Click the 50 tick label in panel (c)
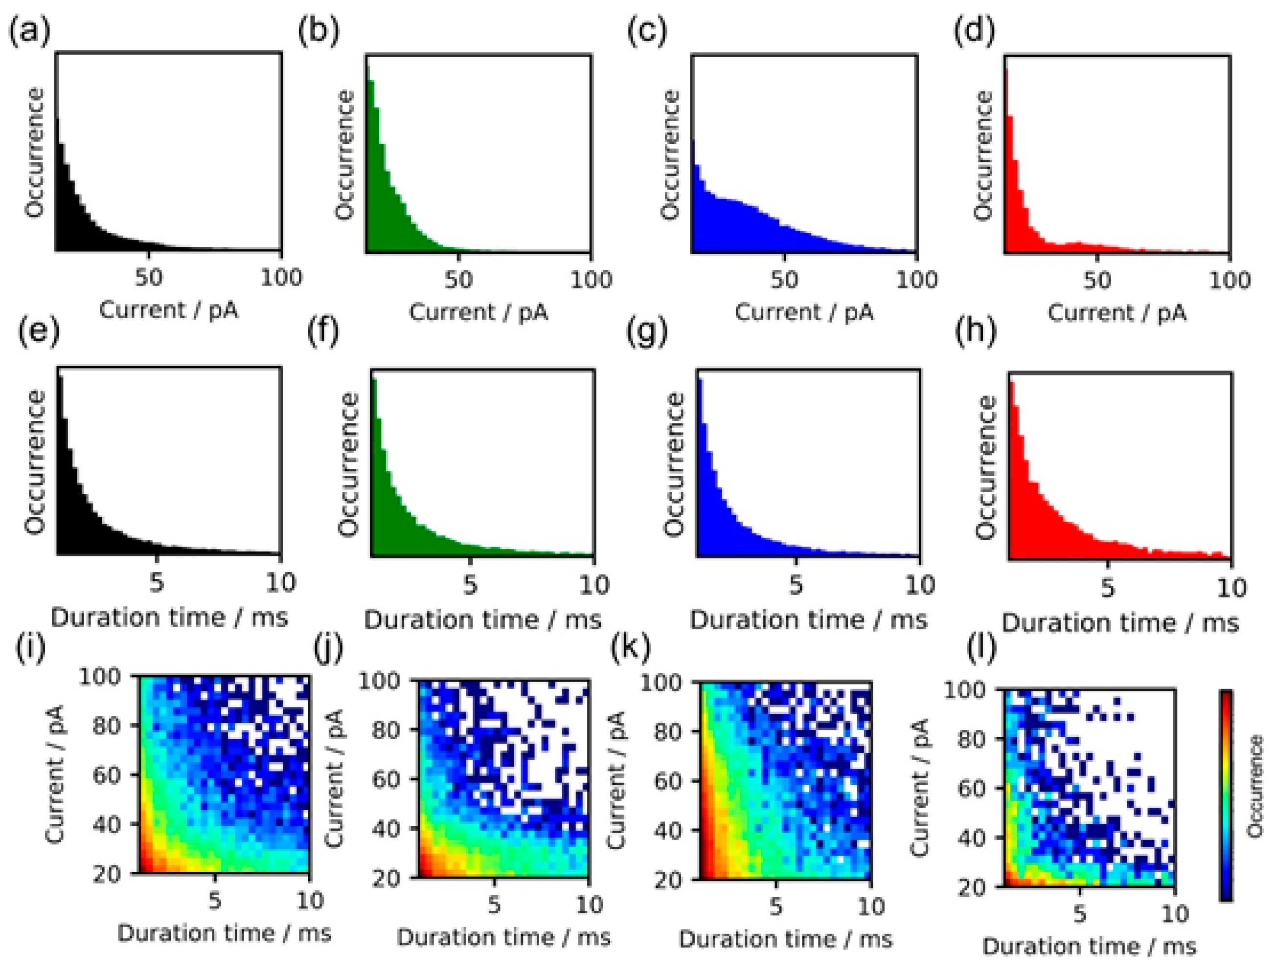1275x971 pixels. coord(784,280)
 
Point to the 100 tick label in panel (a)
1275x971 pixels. coord(281,278)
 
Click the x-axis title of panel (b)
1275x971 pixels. coord(478,313)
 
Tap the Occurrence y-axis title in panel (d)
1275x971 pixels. coord(982,156)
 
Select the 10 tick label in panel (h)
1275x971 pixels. coord(1231,588)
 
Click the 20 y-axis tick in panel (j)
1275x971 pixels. coord(385,879)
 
